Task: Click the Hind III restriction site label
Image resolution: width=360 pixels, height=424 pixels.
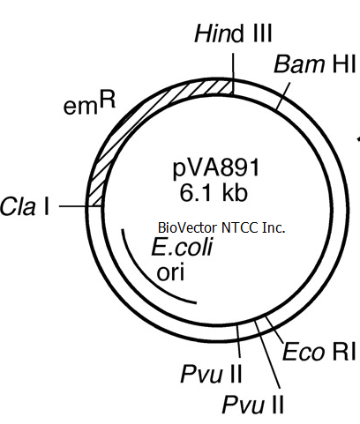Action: [x=233, y=33]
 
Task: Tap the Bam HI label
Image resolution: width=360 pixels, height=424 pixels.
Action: [x=315, y=64]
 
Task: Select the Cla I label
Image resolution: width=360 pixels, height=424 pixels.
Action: [x=25, y=205]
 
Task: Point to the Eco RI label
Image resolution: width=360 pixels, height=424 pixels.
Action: [x=319, y=352]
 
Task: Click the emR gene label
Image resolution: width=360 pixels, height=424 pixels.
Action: [x=89, y=104]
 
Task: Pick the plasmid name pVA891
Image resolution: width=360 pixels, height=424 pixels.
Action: [x=216, y=168]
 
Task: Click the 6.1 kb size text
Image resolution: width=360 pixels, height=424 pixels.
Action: [x=214, y=193]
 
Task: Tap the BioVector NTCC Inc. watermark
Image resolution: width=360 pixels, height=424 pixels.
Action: [x=221, y=227]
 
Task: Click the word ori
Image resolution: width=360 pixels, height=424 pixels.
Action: [x=170, y=273]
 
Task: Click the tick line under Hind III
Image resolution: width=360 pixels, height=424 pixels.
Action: [x=234, y=74]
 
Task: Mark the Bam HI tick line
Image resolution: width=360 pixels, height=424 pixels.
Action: [x=283, y=96]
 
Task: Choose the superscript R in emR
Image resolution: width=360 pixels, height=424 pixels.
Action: [x=108, y=100]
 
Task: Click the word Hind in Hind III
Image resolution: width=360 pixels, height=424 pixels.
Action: [x=219, y=33]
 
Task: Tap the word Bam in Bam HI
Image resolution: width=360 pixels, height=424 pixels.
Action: [x=299, y=64]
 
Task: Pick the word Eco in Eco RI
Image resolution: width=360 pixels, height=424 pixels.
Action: [x=304, y=352]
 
